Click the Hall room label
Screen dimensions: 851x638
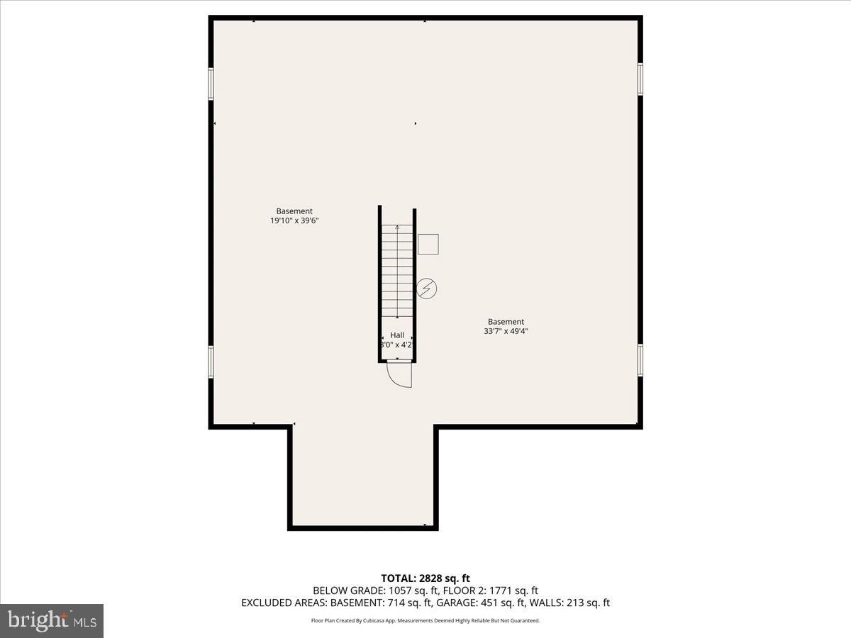(397, 335)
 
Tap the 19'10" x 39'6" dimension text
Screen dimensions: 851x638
(294, 220)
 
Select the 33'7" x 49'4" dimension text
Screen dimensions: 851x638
(506, 331)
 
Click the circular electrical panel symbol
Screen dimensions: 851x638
(426, 289)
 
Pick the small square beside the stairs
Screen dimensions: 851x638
(428, 244)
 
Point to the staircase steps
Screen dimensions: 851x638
(397, 271)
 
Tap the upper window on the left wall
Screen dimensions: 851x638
(211, 84)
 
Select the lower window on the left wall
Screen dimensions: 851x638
(211, 362)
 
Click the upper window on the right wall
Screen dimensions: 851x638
(640, 79)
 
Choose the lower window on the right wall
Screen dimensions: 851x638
(640, 360)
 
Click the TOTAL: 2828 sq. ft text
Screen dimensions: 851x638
(425, 578)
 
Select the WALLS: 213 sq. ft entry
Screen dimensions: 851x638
(569, 603)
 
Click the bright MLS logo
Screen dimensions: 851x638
(52, 621)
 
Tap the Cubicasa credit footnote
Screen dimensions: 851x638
(425, 620)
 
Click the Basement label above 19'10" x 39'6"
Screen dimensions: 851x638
(294, 211)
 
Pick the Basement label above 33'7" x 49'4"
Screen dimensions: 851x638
(506, 322)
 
